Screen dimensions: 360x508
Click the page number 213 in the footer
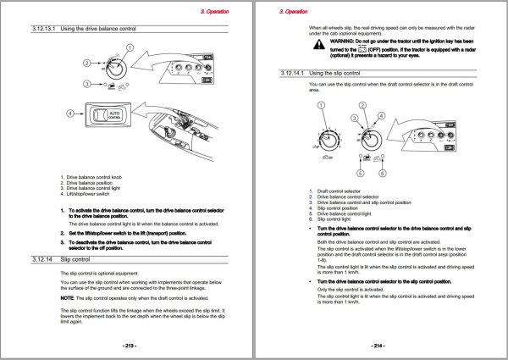click(130, 346)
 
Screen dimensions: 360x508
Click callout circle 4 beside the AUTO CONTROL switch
click(71, 113)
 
